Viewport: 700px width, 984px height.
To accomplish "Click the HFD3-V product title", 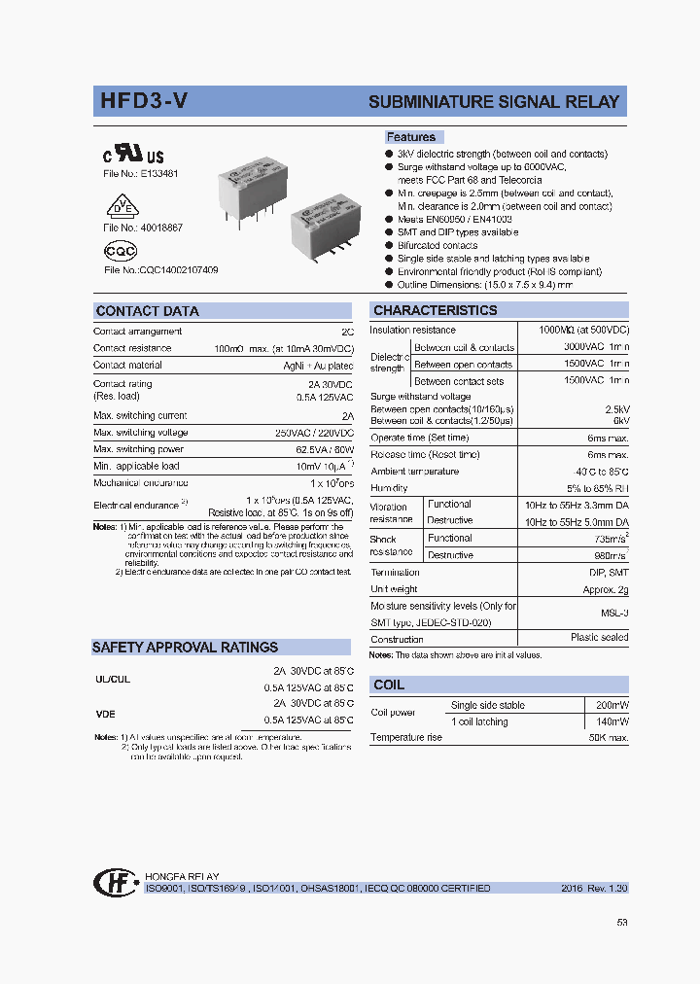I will [145, 102].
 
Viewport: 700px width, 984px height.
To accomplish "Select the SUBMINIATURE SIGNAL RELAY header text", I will [493, 103].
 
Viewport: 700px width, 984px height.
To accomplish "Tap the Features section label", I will [411, 137].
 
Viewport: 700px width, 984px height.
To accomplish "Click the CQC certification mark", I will [121, 251].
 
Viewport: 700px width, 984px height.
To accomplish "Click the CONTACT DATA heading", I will [147, 311].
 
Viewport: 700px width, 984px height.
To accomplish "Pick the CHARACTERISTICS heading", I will [435, 310].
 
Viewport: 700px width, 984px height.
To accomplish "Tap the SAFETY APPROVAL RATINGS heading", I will [185, 647].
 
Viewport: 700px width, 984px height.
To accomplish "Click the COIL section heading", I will [389, 685].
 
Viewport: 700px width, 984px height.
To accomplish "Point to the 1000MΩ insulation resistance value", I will [583, 331].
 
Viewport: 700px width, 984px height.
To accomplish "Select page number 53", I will [622, 923].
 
